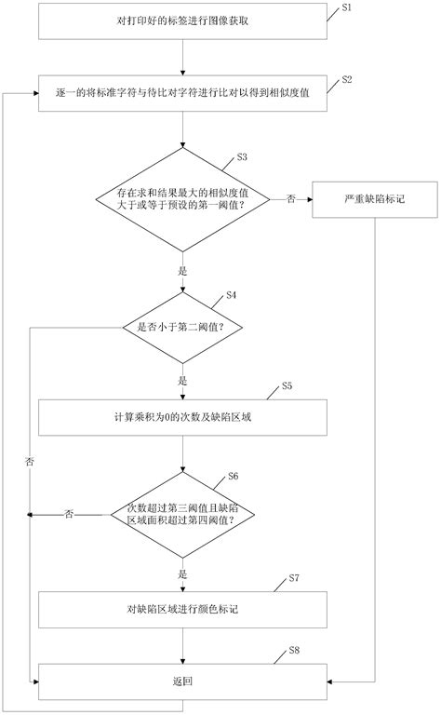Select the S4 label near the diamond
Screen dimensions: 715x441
coord(231,295)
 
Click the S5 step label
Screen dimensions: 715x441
coord(287,385)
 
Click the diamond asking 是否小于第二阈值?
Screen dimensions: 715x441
coord(183,327)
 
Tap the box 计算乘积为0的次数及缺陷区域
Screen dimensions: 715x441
coord(183,417)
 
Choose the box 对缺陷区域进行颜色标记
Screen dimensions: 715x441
coord(183,609)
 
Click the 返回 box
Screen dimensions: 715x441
coord(183,681)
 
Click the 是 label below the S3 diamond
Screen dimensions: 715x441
coord(183,272)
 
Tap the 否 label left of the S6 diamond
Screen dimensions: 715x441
coord(70,514)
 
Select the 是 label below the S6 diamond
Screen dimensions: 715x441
coord(183,573)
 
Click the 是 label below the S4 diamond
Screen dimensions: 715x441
coord(183,381)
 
